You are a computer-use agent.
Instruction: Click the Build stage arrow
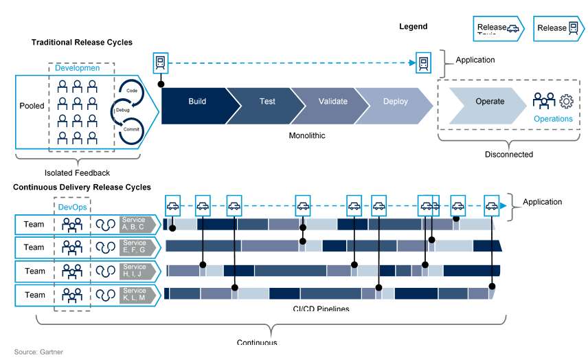197,102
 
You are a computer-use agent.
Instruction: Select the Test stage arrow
267,102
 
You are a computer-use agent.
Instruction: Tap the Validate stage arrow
333,102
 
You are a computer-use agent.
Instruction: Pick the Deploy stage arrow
396,102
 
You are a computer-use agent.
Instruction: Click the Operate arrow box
490,102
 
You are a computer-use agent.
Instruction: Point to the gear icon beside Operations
566,102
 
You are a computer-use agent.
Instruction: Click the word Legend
414,27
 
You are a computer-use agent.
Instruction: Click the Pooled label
32,106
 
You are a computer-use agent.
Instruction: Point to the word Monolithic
307,135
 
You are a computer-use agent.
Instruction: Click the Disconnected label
509,155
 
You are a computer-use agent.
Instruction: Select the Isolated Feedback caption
77,173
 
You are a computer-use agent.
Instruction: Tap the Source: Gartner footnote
38,352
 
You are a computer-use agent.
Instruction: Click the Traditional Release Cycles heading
82,43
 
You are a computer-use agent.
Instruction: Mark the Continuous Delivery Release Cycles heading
82,187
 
